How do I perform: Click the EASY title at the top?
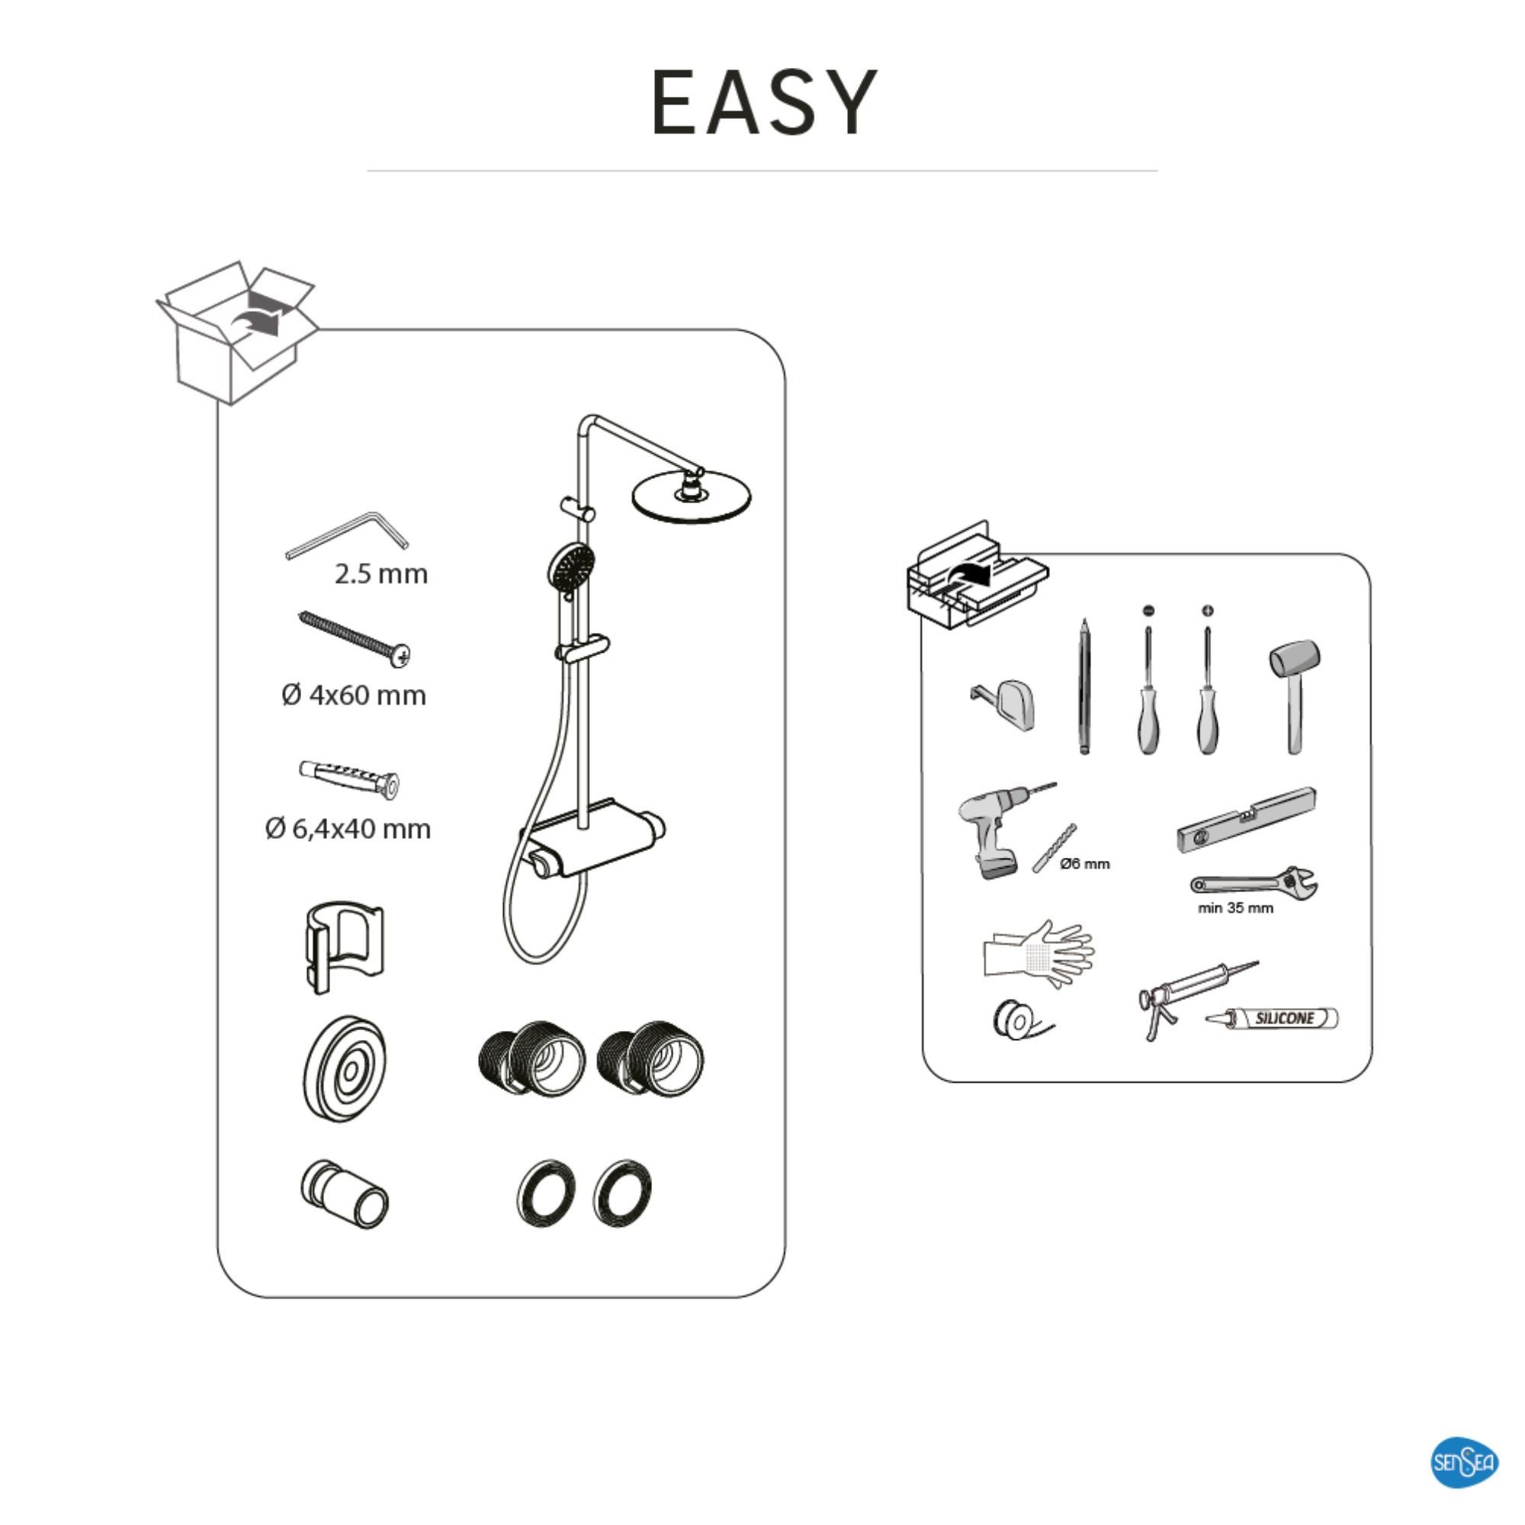[763, 103]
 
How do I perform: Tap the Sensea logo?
[1464, 1462]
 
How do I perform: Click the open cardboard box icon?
[237, 335]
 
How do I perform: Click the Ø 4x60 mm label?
[354, 695]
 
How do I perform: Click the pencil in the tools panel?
[1084, 687]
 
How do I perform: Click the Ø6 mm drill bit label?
[1084, 864]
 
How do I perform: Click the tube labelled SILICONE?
[1274, 1019]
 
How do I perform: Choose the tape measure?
[1006, 703]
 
